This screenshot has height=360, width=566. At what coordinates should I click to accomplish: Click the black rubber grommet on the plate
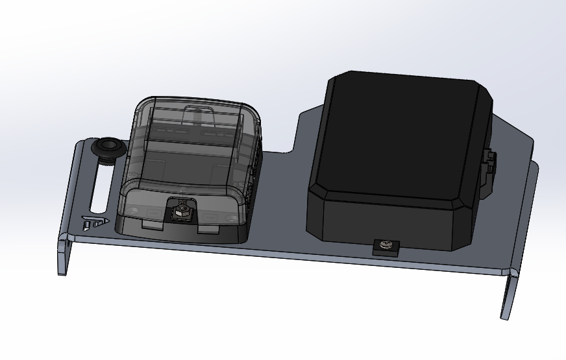(x=107, y=149)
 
